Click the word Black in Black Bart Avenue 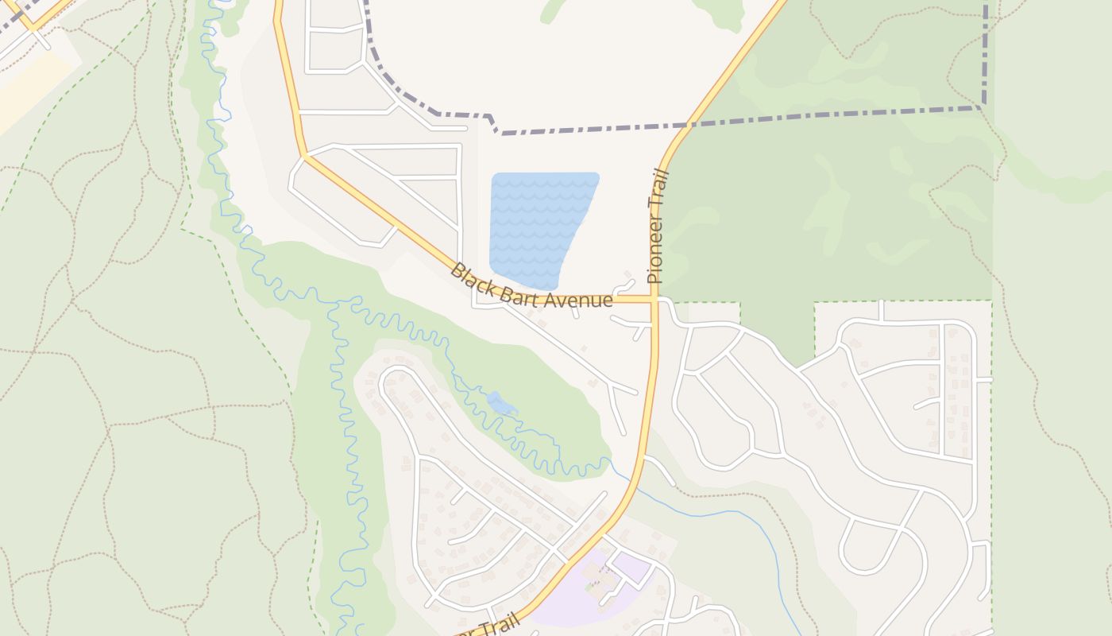point(470,277)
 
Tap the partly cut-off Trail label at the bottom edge point(496,625)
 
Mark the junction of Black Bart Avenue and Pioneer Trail point(655,300)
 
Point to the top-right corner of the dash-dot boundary point(985,105)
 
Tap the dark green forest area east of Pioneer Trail point(826,207)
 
